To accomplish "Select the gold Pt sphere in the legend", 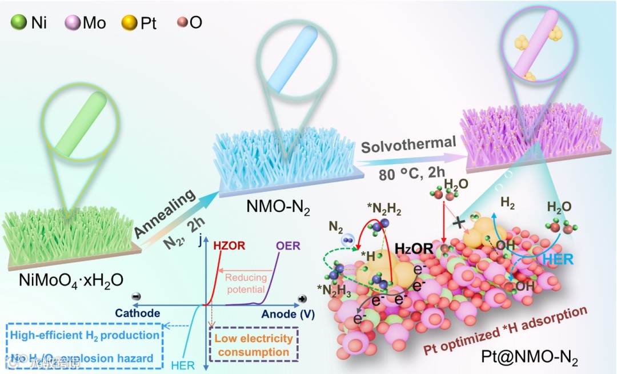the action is coord(129,23).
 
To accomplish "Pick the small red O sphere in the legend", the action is coord(183,23).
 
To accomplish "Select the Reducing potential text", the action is coord(246,283).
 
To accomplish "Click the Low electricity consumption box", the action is coord(254,345).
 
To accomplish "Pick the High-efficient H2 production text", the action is coord(84,335).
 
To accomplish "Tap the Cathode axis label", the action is coord(138,313).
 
